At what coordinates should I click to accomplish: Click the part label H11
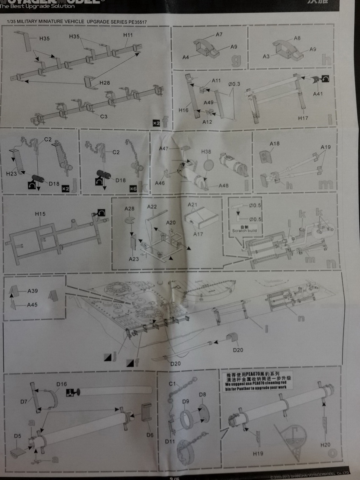click(128, 35)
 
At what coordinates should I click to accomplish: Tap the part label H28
click(105, 83)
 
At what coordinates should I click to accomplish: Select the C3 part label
click(104, 116)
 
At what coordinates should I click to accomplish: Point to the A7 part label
click(219, 35)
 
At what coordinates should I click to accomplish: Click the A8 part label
click(297, 38)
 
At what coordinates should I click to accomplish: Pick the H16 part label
click(183, 110)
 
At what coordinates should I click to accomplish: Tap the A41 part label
click(318, 94)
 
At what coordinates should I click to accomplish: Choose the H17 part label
click(303, 118)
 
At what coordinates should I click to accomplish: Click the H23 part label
click(11, 174)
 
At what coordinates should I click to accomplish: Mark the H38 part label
click(206, 152)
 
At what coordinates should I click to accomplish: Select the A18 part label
click(274, 144)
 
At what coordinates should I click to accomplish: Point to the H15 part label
click(40, 214)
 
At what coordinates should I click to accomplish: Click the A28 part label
click(129, 209)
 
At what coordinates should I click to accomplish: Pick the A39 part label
click(33, 291)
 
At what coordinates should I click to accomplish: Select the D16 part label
click(61, 384)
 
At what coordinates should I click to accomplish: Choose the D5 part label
click(17, 436)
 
